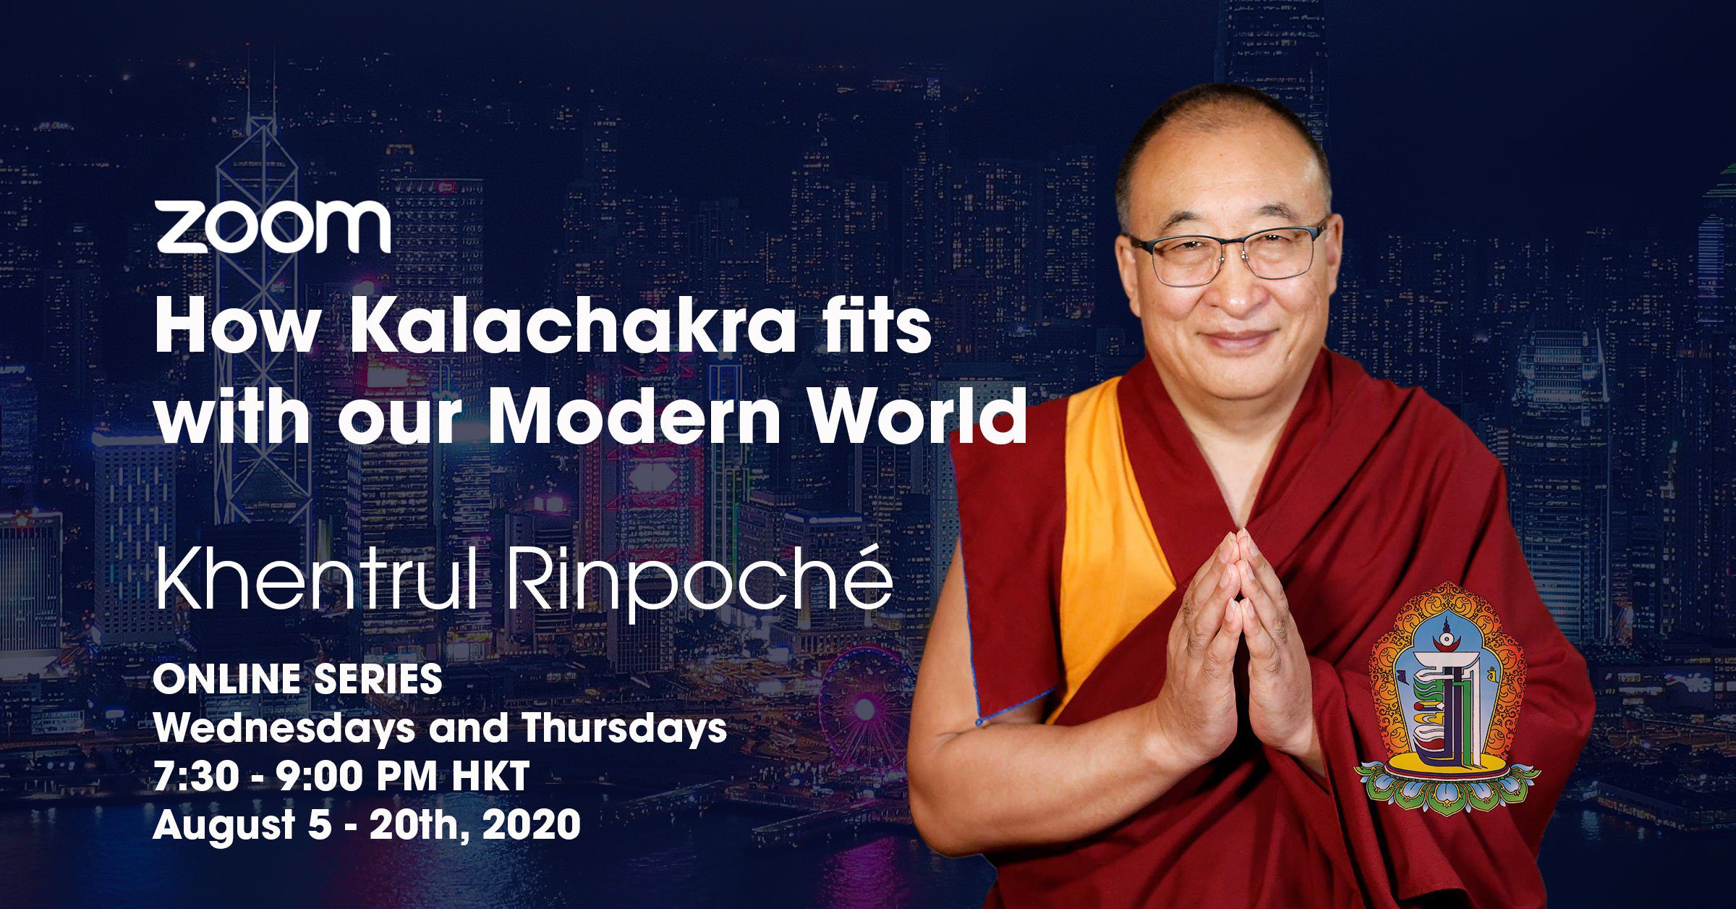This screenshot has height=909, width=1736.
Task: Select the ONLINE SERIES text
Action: pos(297,680)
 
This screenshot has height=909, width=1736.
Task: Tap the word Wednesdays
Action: pos(284,729)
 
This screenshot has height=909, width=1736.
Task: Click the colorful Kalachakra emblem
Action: pos(1447,698)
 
